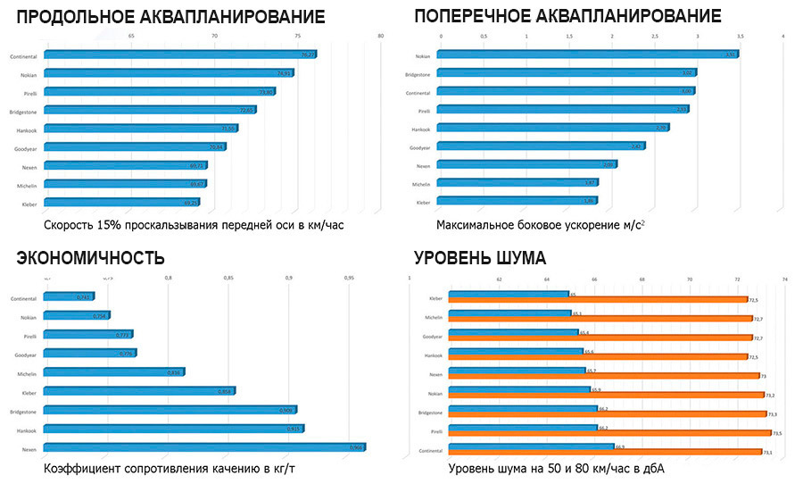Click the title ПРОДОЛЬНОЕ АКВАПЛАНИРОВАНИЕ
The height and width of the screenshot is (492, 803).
[x=170, y=17]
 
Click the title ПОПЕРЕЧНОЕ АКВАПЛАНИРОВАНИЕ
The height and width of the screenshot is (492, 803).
[x=567, y=17]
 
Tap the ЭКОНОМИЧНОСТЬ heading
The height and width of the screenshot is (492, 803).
[x=90, y=258]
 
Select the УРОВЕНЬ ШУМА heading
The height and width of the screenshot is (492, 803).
[x=480, y=258]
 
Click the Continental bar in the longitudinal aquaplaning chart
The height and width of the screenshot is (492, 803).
[x=178, y=54]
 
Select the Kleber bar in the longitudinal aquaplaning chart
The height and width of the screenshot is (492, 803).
[x=120, y=203]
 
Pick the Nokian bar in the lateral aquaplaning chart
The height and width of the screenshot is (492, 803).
[x=587, y=54]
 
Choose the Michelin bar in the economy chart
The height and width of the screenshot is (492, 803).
[x=113, y=371]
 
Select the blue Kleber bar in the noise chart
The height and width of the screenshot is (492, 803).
[x=509, y=294]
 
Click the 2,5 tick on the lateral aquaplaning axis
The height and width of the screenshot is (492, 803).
[x=654, y=37]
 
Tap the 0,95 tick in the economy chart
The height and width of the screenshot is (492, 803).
[x=349, y=278]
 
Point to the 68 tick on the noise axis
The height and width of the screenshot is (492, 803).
[x=642, y=279]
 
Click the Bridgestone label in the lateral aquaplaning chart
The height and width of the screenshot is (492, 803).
[x=418, y=74]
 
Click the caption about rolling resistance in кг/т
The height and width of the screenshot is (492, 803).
[x=156, y=469]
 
